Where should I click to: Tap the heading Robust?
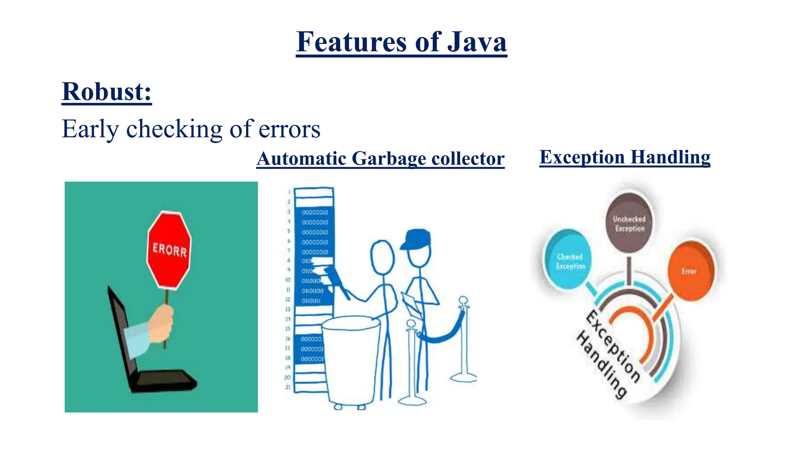coord(107,92)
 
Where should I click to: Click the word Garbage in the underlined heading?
coord(389,159)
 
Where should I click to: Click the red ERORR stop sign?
coord(169,250)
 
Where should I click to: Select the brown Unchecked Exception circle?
coord(629,223)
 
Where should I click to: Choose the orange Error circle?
coord(690,271)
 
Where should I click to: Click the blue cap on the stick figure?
coord(416,238)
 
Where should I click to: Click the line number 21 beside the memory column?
coord(288,387)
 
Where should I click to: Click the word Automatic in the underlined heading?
coord(302,159)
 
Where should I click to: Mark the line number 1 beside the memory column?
coord(289,192)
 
